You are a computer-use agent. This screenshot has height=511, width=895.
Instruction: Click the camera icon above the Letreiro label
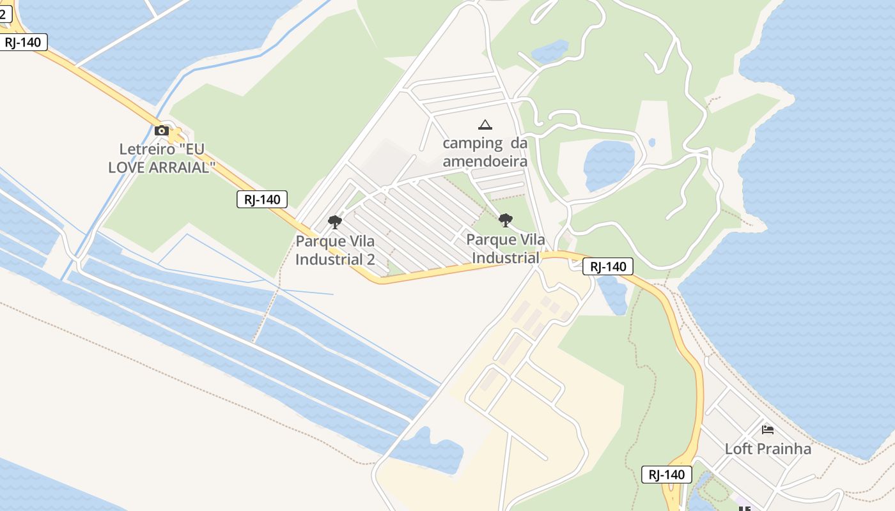tap(162, 131)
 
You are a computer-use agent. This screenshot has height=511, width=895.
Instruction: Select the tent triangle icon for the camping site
tap(485, 125)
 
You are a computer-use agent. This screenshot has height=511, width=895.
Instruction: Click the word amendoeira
tap(485, 161)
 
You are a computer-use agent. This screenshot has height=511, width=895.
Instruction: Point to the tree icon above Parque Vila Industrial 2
tap(334, 222)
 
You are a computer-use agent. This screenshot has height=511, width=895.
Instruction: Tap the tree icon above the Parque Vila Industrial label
tap(506, 220)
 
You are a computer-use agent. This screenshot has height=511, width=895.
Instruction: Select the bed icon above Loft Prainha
tap(768, 429)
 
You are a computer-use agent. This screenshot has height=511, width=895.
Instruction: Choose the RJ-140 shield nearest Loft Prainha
tap(667, 475)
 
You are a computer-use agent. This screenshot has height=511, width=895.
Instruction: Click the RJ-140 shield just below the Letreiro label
tap(262, 199)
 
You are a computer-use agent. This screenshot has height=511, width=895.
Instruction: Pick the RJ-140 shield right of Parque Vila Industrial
tap(608, 266)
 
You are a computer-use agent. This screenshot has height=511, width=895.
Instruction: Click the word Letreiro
tap(147, 149)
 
